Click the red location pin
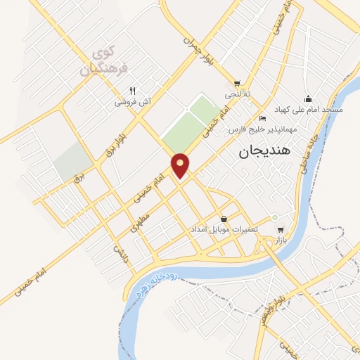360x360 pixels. (181, 165)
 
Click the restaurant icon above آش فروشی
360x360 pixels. (132, 91)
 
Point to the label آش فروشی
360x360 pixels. (134, 102)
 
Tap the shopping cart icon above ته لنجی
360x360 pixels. (237, 82)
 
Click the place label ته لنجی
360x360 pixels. (238, 94)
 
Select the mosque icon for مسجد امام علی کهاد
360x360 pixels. (307, 98)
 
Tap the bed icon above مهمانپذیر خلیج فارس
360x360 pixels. (262, 117)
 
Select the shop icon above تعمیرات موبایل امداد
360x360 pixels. (224, 219)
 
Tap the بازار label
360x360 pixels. (281, 240)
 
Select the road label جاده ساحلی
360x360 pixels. (309, 152)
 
